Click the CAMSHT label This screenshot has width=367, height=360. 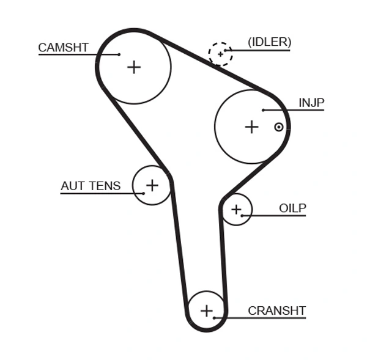pos(63,47)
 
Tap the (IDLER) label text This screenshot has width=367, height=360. pos(269,42)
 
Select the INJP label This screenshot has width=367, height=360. pos(311,103)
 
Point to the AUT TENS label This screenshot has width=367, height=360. pos(91,186)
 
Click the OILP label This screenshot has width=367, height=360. pos(292,208)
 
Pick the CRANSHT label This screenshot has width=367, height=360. pos(276,310)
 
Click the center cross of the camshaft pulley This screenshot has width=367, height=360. pos(133,67)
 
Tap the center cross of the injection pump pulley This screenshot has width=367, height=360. pos(251,127)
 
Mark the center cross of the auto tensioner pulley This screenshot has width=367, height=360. pos(152,185)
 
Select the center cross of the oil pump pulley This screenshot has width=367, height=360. pos(236,210)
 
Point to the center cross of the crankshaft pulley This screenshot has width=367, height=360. pos(207,310)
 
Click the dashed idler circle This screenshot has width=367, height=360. pos(220,54)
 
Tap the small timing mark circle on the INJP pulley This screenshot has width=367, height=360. pos(279,127)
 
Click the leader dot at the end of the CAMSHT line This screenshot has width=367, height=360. pos(119,54)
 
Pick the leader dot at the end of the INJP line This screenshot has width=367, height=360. pos(263,110)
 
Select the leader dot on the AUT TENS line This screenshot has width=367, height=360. pos(144,193)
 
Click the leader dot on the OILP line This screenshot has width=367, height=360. pos(243,215)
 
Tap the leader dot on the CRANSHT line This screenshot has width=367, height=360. pos(214,317)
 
